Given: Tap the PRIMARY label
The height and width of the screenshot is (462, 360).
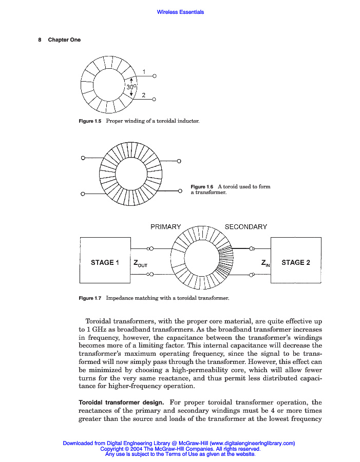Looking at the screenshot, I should pos(165,226).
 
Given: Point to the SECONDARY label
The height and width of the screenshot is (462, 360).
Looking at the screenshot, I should pos(246,226).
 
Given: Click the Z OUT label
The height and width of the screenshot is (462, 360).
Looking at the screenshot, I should pos(140,264).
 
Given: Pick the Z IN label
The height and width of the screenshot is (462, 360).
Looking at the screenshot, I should pos(266,263).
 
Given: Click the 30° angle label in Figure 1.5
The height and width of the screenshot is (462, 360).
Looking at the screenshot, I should pos(131,87).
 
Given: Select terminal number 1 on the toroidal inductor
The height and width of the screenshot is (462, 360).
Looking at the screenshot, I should pos(144,71).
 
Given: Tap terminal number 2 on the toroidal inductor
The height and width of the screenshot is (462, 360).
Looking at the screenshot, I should pos(144,94).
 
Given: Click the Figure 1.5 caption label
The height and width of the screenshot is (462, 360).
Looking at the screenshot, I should pos(90,121).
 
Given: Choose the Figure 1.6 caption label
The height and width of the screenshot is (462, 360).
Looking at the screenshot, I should pos(202,186).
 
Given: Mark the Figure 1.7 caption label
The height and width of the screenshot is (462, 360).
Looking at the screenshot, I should pos(90,298).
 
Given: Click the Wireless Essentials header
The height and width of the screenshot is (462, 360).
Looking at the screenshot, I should pos(180,12).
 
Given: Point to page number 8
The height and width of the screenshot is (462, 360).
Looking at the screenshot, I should pos(40,40).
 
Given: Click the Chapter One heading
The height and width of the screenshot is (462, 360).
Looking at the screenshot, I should pos(64,40).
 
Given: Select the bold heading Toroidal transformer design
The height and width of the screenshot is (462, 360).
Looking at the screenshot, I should pos(121,402).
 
